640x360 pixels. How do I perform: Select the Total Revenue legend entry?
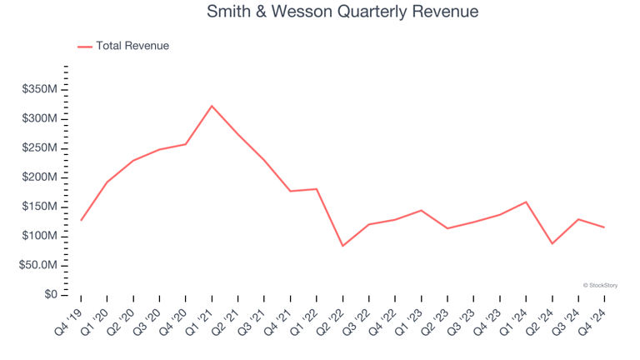point(132,46)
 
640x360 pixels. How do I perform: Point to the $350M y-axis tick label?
point(39,89)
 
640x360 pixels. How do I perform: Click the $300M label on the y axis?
point(39,118)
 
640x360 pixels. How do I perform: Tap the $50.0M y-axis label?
point(37,265)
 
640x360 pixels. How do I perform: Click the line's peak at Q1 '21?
point(212,106)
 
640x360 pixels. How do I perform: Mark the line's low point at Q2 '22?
point(342,246)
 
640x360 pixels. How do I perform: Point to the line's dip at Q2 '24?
point(552,243)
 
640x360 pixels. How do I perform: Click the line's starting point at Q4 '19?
point(81,220)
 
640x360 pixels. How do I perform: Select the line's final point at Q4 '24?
point(604,227)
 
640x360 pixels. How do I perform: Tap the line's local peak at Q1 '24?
point(526,202)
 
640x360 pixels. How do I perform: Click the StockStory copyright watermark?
point(600,285)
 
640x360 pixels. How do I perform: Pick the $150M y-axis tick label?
point(39,207)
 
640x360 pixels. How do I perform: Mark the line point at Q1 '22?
point(317,188)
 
